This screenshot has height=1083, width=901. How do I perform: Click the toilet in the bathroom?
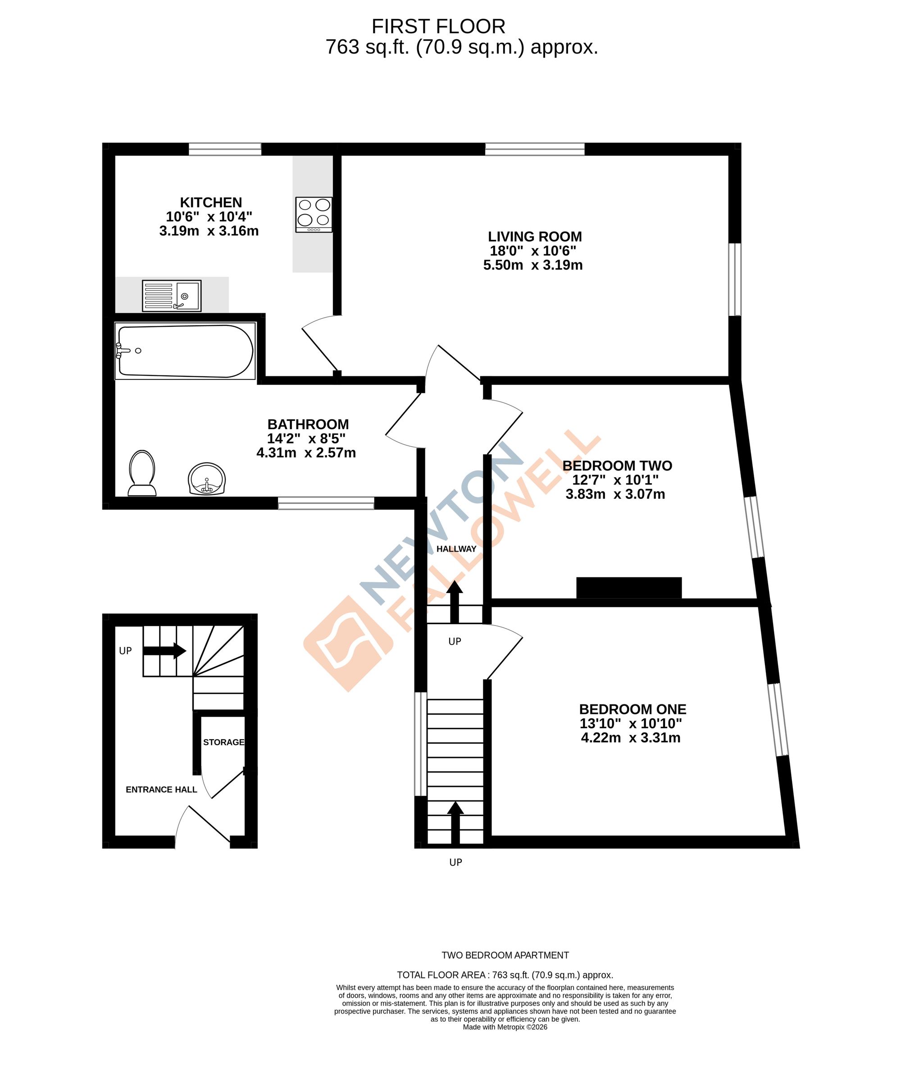coord(142,472)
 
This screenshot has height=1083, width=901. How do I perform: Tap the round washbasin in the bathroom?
coord(207,479)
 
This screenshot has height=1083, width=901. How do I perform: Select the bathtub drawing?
coord(185,351)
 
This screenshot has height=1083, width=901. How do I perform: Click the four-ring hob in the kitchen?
coord(314,215)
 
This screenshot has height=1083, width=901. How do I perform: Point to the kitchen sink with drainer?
coord(172,296)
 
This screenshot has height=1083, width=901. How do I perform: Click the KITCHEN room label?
coord(211,202)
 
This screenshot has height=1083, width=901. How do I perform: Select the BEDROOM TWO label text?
coord(617,466)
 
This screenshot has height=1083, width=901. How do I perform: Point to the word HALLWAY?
coord(456,549)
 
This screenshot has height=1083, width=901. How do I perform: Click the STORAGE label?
coord(224,742)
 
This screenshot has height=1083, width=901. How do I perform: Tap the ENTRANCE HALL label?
coord(161,790)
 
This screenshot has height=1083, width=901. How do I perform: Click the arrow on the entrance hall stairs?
coord(164,651)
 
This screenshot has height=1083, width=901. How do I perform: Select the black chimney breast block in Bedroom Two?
coord(629,588)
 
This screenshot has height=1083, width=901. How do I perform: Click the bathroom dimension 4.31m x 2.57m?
coord(306,453)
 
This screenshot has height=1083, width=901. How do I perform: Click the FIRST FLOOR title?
coord(438,26)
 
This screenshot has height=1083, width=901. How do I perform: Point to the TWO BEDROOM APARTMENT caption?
coord(505,955)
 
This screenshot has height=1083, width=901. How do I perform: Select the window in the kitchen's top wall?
coord(225,149)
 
